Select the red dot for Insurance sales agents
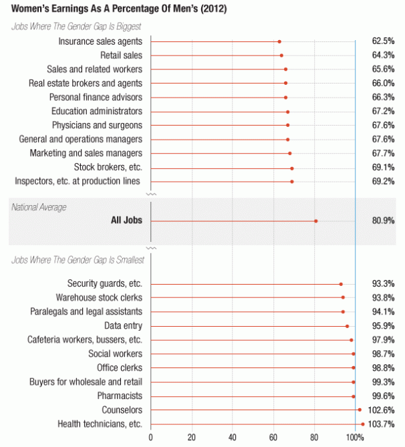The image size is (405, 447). [x=279, y=41]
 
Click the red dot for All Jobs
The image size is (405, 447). [x=316, y=221]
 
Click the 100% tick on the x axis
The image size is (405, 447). [x=355, y=438]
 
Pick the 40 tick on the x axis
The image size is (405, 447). [x=233, y=438]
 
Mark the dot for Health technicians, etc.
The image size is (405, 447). [x=363, y=424]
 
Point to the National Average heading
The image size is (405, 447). [x=39, y=207]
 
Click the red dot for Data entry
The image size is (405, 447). [x=347, y=326]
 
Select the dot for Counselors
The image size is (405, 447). [x=360, y=410]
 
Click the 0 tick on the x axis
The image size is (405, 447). [x=151, y=438]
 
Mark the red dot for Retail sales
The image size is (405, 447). [x=281, y=55]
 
